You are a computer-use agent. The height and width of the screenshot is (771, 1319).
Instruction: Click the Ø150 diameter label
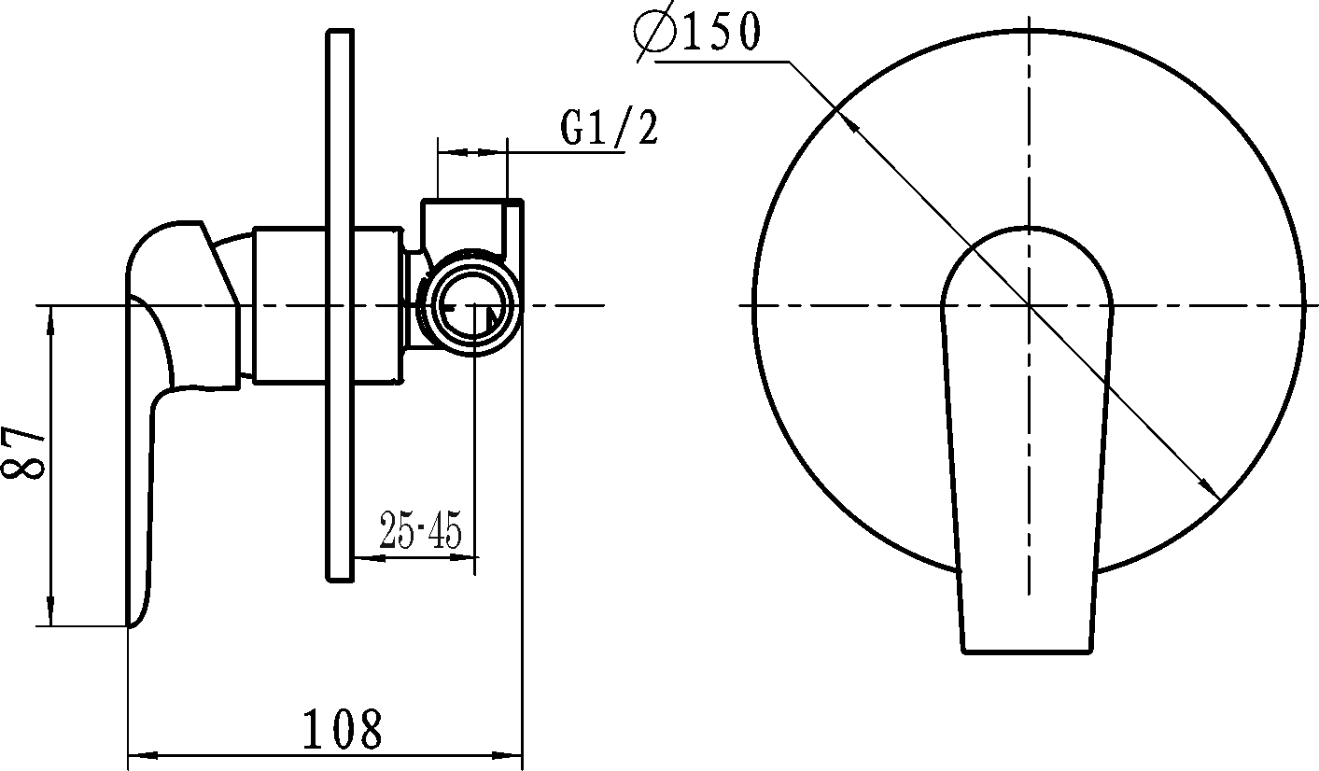pyautogui.click(x=697, y=33)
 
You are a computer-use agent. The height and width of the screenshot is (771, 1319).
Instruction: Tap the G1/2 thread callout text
pyautogui.click(x=609, y=128)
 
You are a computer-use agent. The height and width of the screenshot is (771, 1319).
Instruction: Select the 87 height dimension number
pyautogui.click(x=23, y=452)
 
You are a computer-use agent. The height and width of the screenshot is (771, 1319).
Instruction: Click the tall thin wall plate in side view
pyautogui.click(x=340, y=305)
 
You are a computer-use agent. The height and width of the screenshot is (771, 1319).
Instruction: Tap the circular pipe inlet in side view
pyautogui.click(x=474, y=301)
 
